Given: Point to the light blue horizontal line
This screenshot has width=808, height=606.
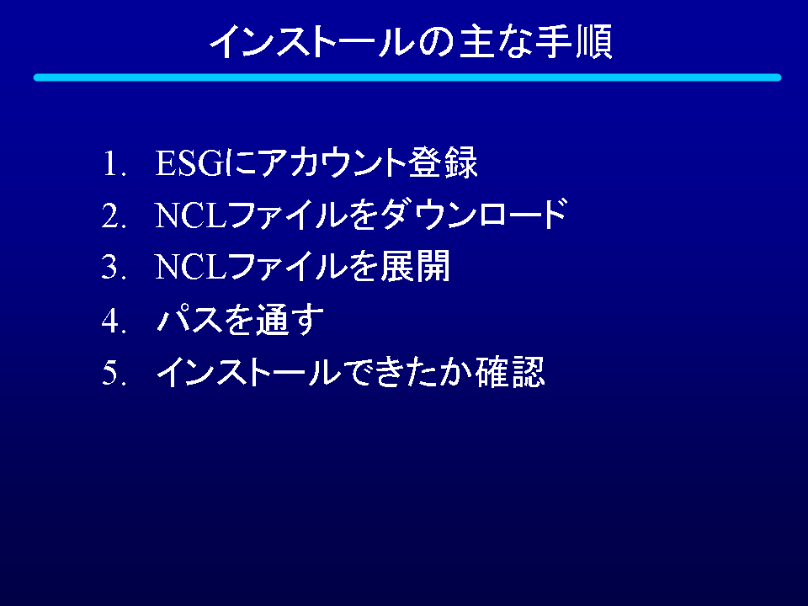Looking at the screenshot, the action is [x=407, y=77].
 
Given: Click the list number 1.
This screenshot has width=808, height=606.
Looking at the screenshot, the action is [x=114, y=163].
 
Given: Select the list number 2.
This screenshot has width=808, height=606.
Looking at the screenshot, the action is [x=114, y=215].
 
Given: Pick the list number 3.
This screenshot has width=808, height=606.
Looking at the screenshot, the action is [x=114, y=268].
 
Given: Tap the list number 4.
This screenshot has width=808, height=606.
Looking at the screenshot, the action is [x=114, y=320].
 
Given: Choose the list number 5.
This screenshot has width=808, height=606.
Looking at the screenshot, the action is [x=114, y=372].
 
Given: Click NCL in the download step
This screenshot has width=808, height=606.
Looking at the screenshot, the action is [x=191, y=215].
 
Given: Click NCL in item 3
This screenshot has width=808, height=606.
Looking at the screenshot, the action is [x=191, y=268].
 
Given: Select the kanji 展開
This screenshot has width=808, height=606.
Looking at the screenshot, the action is [x=415, y=267].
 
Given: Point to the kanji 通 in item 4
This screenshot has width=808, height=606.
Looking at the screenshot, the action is [x=273, y=320].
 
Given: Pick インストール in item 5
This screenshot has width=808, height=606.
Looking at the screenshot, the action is [x=249, y=371].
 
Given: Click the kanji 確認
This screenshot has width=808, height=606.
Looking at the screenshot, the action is [x=510, y=371].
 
